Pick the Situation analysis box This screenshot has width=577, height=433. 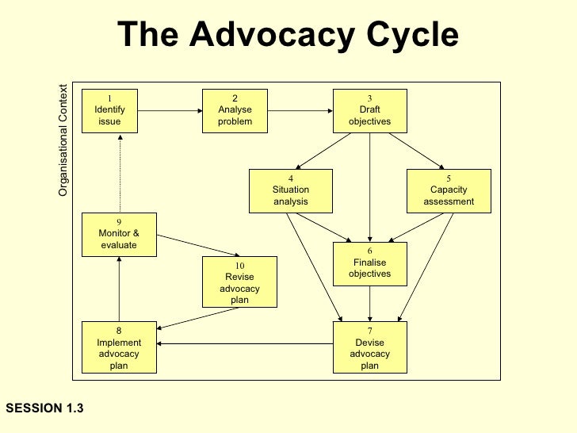[290, 190]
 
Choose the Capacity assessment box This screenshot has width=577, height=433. [449, 190]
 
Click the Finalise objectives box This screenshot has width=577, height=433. [369, 264]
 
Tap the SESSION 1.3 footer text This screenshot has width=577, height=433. [44, 408]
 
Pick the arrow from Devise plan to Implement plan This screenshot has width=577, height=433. [246, 343]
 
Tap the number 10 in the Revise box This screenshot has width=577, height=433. [240, 266]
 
